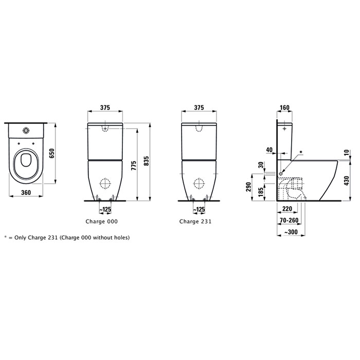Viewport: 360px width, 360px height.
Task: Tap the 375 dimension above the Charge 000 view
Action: pyautogui.click(x=105, y=107)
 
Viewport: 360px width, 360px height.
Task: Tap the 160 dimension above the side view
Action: pyautogui.click(x=284, y=107)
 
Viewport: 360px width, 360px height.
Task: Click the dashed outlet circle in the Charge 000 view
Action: pyautogui.click(x=105, y=183)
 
